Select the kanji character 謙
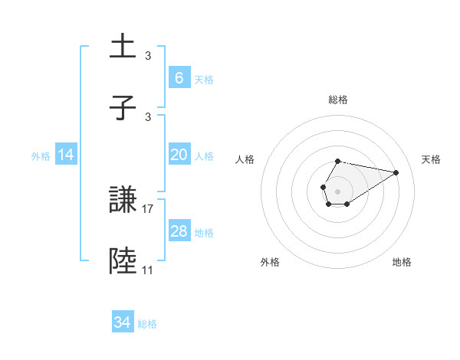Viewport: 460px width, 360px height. coord(123,201)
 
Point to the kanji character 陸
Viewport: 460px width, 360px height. coord(123,260)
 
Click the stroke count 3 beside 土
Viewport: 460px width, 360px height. coord(148,56)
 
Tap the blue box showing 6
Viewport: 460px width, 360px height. coord(179,78)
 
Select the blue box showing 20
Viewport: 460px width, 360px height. coord(179,155)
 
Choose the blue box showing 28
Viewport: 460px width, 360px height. coord(179,231)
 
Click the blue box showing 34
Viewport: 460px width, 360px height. coord(123,322)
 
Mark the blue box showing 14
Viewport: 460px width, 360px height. coord(66,155)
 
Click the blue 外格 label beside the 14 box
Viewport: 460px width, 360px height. coord(41,155)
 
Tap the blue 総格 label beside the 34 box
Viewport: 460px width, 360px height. coord(147,323)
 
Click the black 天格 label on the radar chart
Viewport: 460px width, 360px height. coord(432,159)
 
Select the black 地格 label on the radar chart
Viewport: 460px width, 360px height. coord(402,262)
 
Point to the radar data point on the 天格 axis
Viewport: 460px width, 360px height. coord(396,172)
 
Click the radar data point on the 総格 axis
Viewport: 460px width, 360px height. coord(338,162)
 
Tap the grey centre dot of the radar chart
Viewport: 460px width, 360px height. coord(337,190)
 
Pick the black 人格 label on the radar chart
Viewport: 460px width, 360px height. coord(245,159)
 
